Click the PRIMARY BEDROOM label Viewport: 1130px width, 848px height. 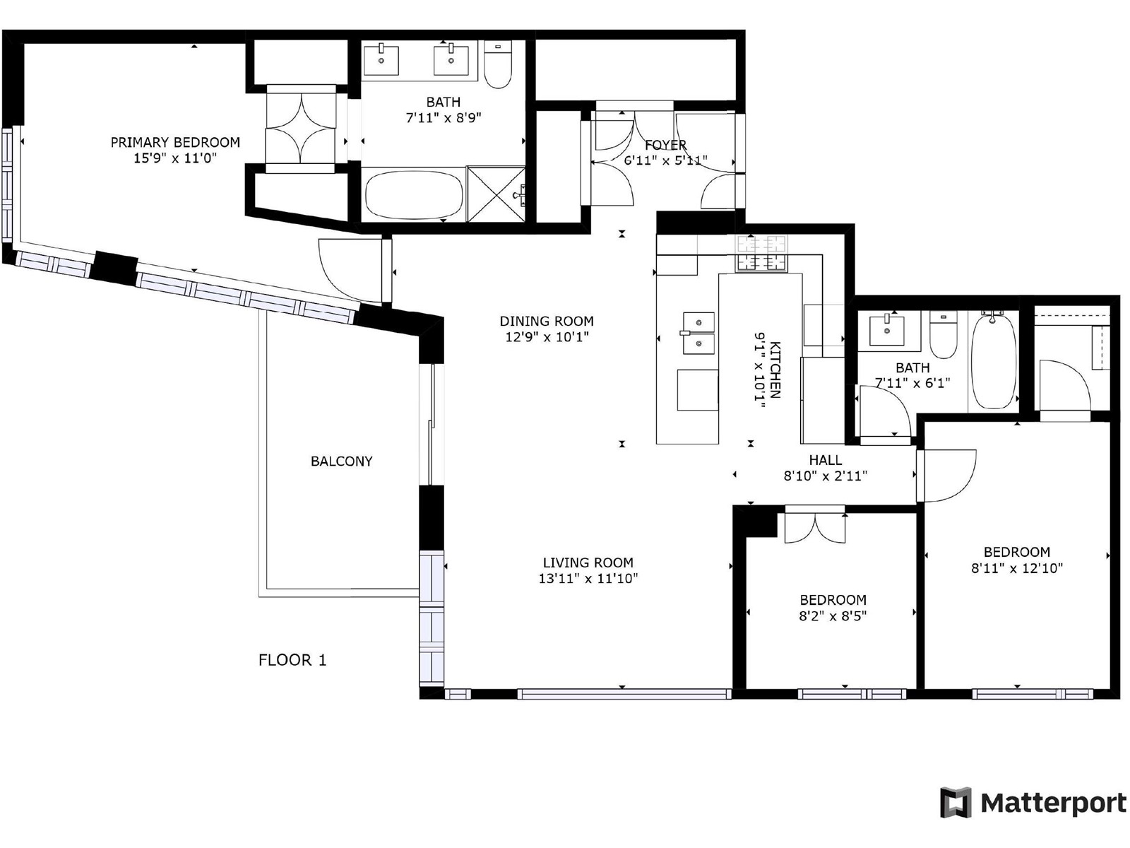[x=175, y=142]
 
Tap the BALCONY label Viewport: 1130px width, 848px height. [x=341, y=461]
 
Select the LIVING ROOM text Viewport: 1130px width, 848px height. [x=588, y=563]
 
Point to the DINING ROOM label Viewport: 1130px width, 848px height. [x=546, y=322]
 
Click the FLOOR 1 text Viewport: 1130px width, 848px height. [x=292, y=660]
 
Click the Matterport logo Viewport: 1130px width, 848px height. [x=1033, y=803]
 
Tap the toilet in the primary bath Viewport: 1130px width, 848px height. [x=498, y=64]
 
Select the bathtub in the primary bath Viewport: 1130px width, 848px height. [x=414, y=195]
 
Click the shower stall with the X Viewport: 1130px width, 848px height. [x=496, y=194]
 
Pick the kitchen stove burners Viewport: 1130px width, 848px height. [x=761, y=253]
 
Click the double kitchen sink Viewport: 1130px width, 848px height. [x=698, y=333]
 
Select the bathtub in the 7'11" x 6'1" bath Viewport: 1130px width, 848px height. [x=994, y=360]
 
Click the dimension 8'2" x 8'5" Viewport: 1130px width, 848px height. [x=833, y=616]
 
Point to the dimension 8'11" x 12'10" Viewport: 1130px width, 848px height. [x=1017, y=568]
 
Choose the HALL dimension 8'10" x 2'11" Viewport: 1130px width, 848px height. [x=825, y=476]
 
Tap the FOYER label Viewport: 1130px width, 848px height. [x=665, y=145]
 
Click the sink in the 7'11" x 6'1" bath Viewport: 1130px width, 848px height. [x=886, y=331]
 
